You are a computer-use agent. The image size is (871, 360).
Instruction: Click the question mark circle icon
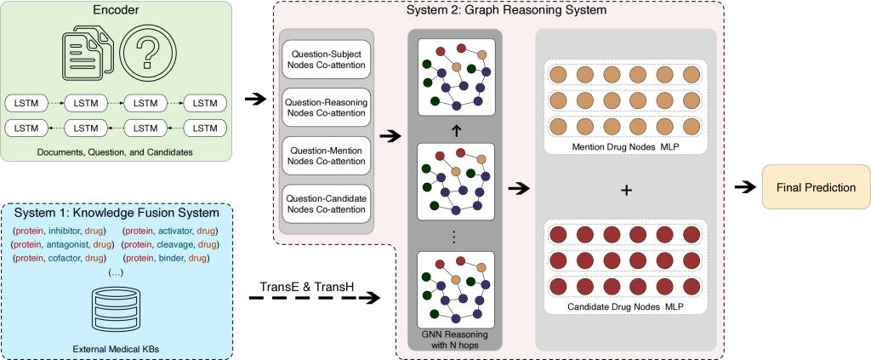pos(148,57)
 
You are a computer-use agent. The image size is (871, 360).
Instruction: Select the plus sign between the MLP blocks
pos(626,191)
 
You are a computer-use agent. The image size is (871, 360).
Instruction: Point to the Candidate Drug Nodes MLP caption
pos(626,304)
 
